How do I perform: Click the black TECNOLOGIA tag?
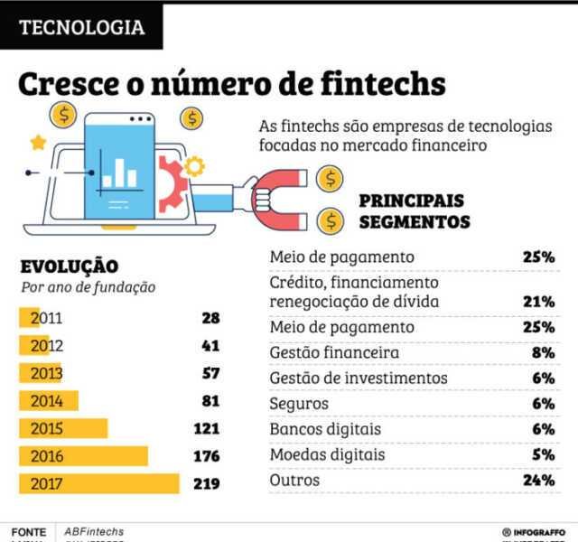click(x=82, y=27)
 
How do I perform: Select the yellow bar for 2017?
click(x=99, y=483)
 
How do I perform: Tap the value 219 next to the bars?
click(x=206, y=483)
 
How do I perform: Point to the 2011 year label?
click(x=46, y=318)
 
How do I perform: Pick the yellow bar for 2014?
click(x=50, y=401)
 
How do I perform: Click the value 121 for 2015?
click(x=206, y=429)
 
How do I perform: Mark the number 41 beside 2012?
click(x=210, y=346)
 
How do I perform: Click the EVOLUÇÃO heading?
click(x=69, y=266)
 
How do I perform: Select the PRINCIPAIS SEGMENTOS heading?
click(x=415, y=210)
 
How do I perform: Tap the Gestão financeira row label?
click(x=334, y=352)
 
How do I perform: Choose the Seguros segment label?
click(x=299, y=404)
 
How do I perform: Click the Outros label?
click(x=294, y=481)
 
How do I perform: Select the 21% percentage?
click(x=538, y=302)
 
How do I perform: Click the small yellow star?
click(x=37, y=142)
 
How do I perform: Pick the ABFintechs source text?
click(x=94, y=532)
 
